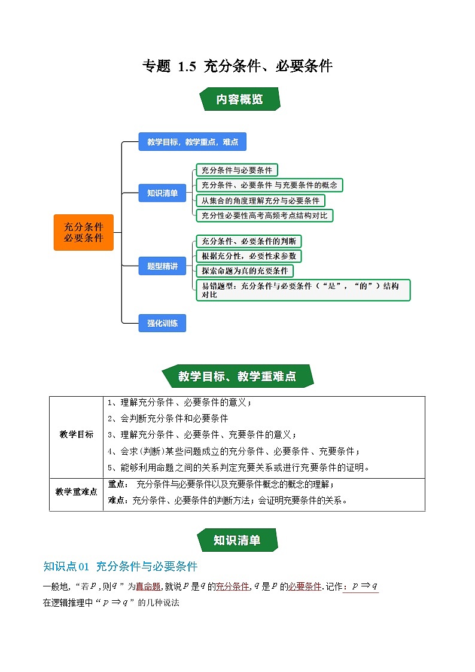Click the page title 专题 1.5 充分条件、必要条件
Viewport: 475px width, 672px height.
237,66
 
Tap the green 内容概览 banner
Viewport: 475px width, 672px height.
239,99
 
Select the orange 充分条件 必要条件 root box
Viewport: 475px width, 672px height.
84,232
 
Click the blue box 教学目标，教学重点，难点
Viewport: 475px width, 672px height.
192,142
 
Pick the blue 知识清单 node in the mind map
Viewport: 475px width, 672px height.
162,193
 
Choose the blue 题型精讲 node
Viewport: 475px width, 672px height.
162,266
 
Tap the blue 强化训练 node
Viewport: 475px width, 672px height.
162,323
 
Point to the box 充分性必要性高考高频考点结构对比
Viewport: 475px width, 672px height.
264,215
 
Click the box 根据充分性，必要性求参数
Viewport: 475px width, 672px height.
248,256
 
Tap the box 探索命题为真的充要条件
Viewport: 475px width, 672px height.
245,271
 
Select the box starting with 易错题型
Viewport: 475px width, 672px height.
303,290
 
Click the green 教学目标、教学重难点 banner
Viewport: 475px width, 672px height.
237,376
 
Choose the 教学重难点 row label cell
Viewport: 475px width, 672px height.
77,491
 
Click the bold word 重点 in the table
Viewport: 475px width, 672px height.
116,484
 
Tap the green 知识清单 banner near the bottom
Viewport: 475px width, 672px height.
237,540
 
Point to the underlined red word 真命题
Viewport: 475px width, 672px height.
148,587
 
